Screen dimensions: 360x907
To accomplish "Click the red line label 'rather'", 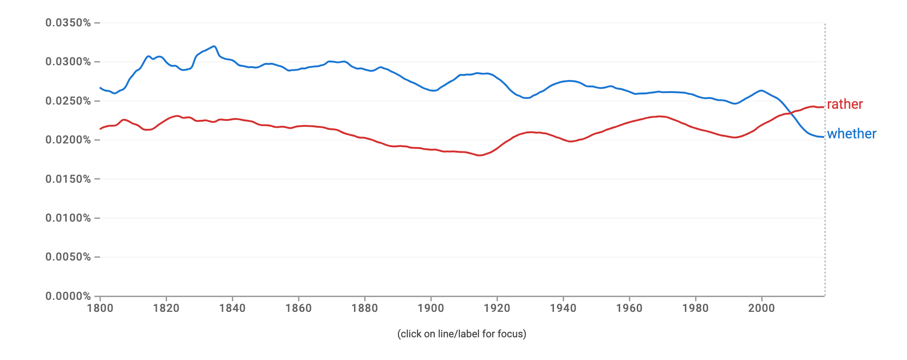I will point(845,104).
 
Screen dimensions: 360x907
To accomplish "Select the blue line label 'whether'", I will point(851,134).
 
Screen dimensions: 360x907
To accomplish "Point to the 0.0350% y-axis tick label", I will point(68,23).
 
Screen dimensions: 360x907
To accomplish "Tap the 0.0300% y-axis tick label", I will point(68,62).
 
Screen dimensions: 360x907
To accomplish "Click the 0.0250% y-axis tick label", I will point(68,101).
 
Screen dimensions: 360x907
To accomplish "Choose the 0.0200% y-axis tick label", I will point(68,140).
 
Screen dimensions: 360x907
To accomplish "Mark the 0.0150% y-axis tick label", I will point(68,179).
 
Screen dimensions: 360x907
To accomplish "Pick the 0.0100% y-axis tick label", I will point(68,218).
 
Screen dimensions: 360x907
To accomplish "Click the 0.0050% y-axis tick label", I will point(68,257).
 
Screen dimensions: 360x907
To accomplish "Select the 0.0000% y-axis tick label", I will point(68,296).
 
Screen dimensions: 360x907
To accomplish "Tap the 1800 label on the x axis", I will point(100,308).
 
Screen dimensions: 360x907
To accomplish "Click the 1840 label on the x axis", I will point(232,308).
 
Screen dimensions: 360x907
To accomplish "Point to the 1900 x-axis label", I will point(431,308).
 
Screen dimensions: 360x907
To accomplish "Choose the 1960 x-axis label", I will point(629,308).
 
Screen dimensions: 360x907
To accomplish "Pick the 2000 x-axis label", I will point(762,308).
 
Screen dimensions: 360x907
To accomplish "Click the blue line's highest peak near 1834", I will point(213,46).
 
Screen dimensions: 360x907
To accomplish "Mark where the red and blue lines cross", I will point(790,113).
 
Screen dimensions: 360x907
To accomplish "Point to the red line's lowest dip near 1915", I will point(479,155).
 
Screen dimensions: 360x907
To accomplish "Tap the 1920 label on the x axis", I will point(497,308).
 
